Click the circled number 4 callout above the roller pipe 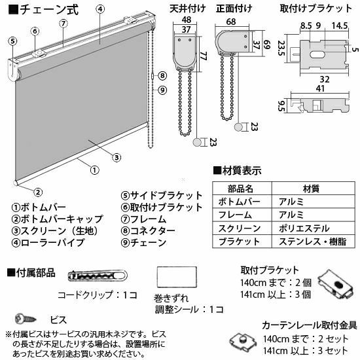point(100,9)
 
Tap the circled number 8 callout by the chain point(162,75)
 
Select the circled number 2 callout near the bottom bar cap point(38,192)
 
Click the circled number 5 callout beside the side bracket point(12,41)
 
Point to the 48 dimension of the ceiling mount point(186,20)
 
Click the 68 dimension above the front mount point(231,22)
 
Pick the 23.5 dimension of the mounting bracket point(281,48)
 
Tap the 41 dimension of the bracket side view point(321,88)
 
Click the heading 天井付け point(188,9)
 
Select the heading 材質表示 point(238,171)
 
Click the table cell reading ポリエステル point(304,228)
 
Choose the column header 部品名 point(240,189)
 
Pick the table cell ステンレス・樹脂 point(312,242)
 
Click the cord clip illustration point(98,276)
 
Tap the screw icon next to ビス point(26,319)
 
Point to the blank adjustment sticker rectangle point(177,277)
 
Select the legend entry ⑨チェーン point(144,243)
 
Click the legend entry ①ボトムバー point(39,207)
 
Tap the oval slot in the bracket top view point(317,55)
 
